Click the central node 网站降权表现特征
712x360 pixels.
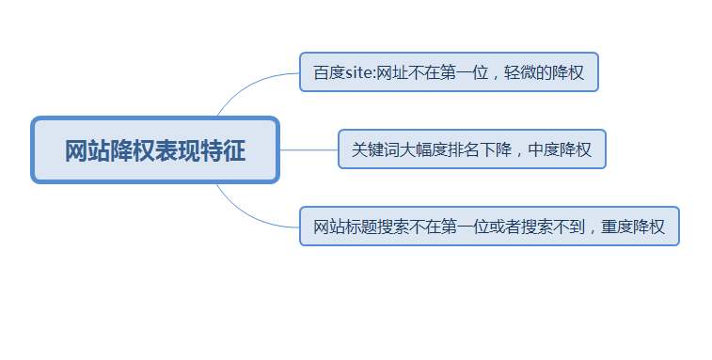[155, 150]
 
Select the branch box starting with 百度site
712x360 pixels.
[449, 72]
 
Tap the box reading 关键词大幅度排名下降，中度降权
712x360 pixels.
[471, 149]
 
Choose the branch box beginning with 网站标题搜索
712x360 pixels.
[489, 227]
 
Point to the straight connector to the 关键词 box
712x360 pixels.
[309, 149]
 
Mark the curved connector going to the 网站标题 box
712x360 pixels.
[246, 215]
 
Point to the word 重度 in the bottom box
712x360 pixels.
[620, 227]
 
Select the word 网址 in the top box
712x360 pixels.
[391, 73]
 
